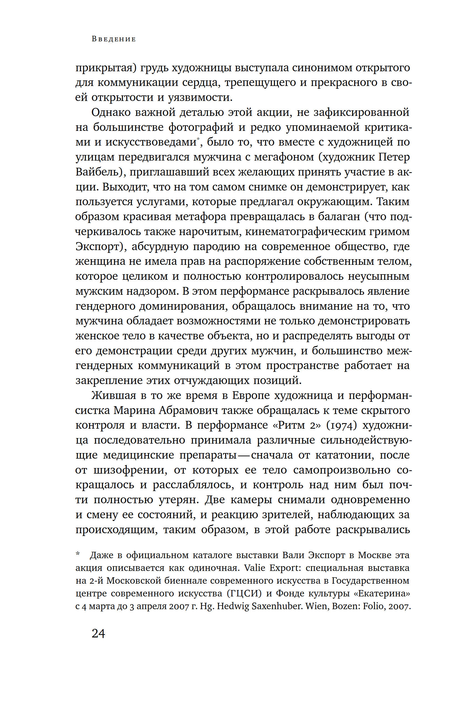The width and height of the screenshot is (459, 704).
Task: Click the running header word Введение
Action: click(x=114, y=39)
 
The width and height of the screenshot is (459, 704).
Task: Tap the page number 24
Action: click(x=98, y=634)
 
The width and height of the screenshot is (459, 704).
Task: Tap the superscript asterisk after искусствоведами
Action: click(x=198, y=139)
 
